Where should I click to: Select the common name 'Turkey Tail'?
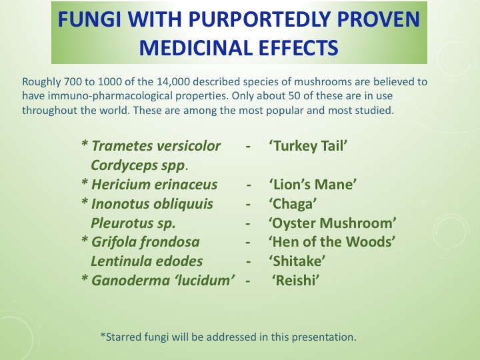[x=309, y=145]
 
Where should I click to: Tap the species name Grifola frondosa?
[x=146, y=241]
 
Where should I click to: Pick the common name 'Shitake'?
[x=297, y=261]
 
